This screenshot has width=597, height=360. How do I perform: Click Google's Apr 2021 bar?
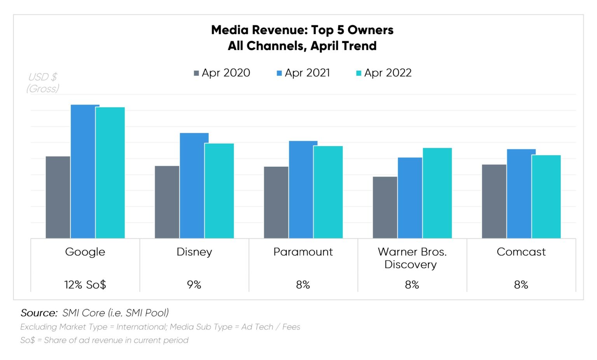click(85, 171)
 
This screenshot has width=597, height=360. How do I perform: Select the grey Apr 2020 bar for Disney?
click(167, 202)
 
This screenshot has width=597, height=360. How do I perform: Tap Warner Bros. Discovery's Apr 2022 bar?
click(437, 193)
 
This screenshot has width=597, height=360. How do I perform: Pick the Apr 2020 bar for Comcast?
click(494, 201)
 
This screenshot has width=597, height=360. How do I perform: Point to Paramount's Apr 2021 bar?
click(303, 190)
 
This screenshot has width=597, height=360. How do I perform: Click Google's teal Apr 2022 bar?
click(110, 173)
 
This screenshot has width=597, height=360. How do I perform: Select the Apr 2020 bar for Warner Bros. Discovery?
click(385, 208)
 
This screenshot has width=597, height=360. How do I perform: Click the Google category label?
click(85, 252)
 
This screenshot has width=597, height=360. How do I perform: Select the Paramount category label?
click(303, 252)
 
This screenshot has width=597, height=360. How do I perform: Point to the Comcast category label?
click(521, 252)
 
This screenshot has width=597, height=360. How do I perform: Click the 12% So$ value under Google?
click(85, 285)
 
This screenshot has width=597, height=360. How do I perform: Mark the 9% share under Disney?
click(194, 285)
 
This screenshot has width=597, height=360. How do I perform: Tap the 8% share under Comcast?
click(521, 285)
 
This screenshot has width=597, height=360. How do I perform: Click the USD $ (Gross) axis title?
click(43, 83)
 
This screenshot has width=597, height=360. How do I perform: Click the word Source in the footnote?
click(39, 313)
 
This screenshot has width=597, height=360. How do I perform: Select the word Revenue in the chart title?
click(279, 30)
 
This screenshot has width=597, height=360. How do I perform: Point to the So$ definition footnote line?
click(104, 340)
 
